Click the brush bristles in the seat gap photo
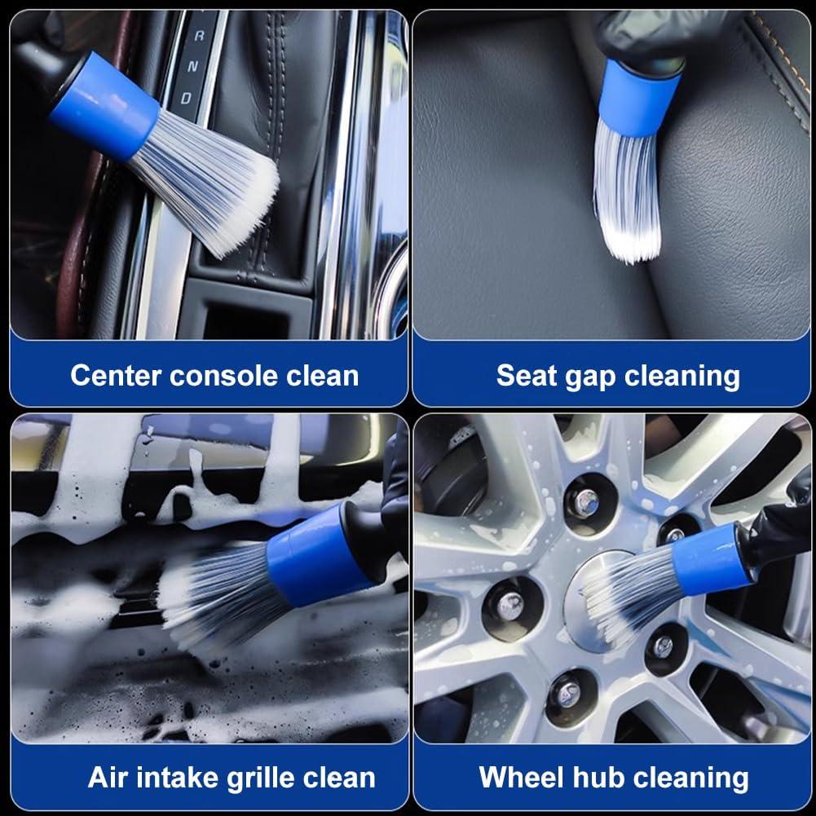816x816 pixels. (628, 196)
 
